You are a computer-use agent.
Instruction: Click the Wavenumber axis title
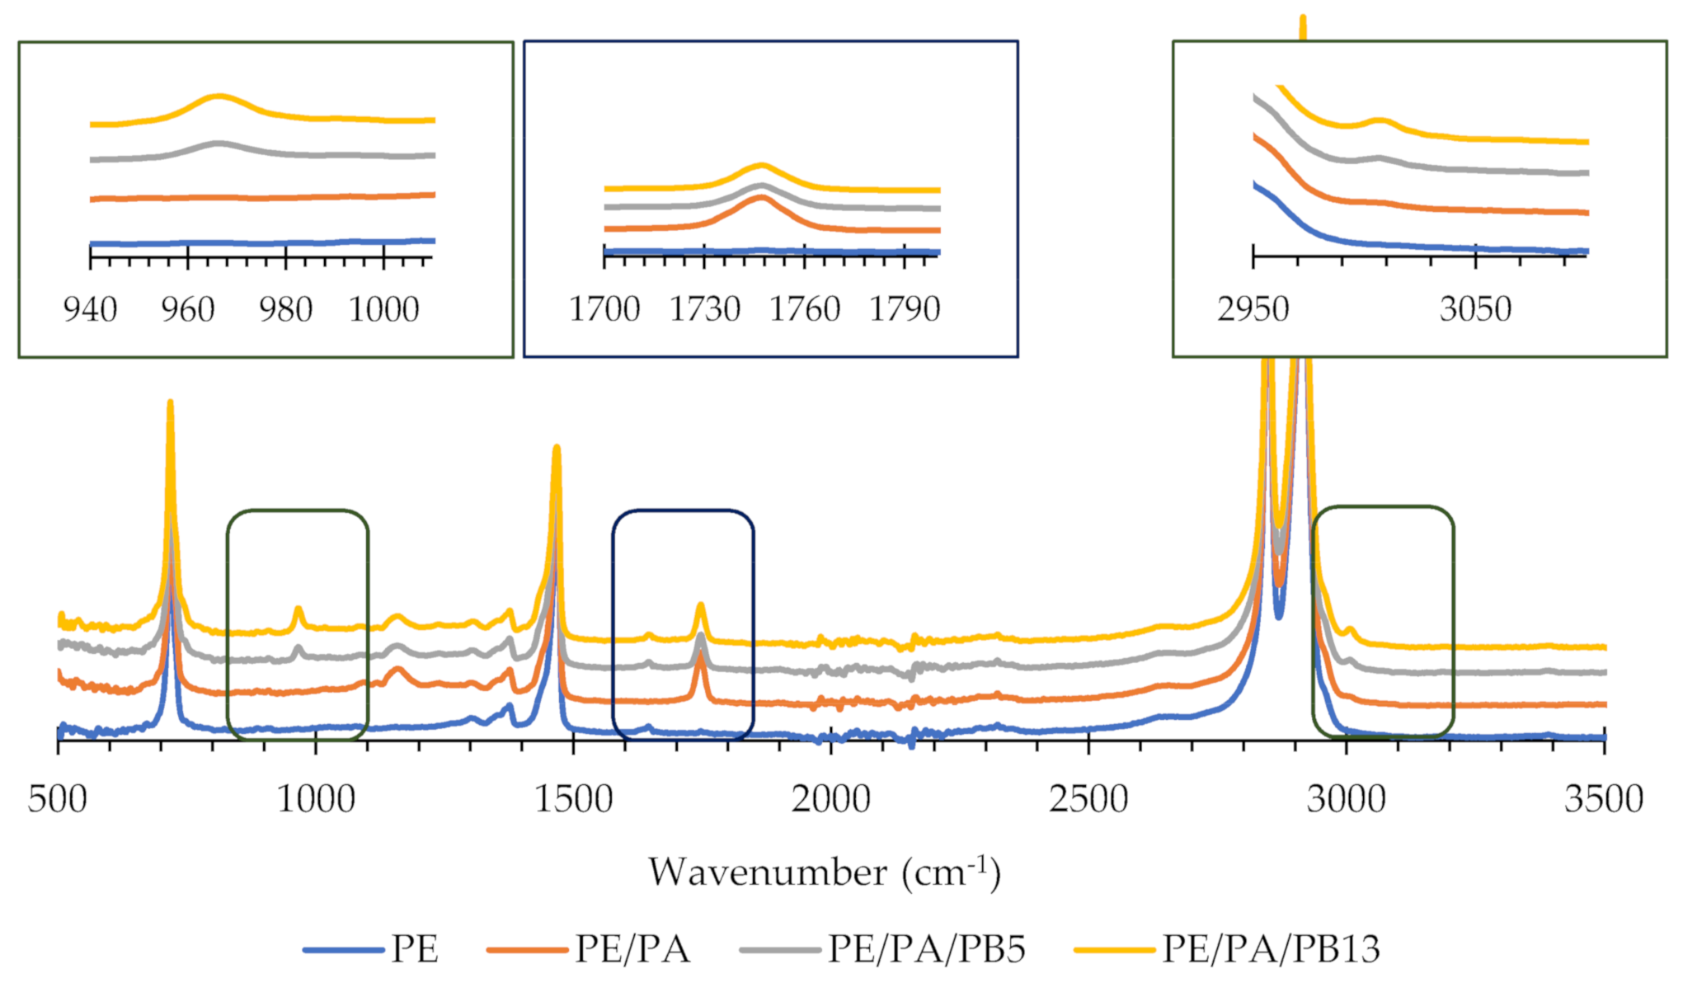tap(824, 872)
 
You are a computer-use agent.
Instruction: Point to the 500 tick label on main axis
tap(57, 799)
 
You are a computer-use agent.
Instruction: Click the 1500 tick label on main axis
tap(573, 799)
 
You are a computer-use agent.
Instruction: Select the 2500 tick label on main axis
tap(1088, 799)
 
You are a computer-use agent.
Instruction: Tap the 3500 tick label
tap(1603, 799)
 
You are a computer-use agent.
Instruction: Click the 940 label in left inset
tap(90, 310)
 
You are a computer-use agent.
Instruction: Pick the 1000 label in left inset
tap(383, 310)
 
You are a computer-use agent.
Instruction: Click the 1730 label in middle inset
tap(704, 309)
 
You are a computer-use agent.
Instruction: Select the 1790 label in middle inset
tap(905, 309)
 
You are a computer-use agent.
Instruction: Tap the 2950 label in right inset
tap(1253, 309)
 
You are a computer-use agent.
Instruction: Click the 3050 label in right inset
tap(1475, 309)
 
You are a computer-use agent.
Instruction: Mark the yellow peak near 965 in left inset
tap(219, 96)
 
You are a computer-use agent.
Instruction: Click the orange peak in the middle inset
tap(761, 196)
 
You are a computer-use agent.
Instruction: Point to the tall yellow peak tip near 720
tap(170, 402)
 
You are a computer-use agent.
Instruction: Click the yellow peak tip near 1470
tap(557, 448)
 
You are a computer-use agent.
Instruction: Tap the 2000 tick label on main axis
tap(830, 799)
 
